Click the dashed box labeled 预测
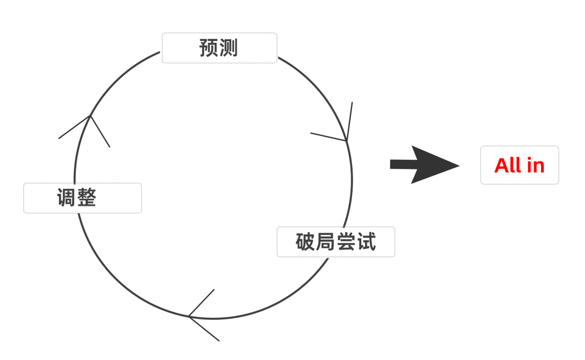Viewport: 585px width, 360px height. coord(219,48)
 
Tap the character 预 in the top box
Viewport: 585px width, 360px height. coord(209,48)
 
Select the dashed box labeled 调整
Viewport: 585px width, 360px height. coord(82,198)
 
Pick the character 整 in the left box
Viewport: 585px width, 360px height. coord(86,198)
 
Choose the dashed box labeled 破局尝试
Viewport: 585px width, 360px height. coord(336,241)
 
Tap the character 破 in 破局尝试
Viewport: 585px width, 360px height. coord(305,242)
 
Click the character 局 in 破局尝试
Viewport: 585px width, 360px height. coord(326,242)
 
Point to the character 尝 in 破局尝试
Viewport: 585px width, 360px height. coord(346,242)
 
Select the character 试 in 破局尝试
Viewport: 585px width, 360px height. coord(366,242)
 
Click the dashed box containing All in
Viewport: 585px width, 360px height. coord(519,165)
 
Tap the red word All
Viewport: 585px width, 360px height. coord(508,165)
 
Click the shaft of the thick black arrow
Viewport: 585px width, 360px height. coord(401,164)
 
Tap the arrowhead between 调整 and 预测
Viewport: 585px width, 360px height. coord(89,119)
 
